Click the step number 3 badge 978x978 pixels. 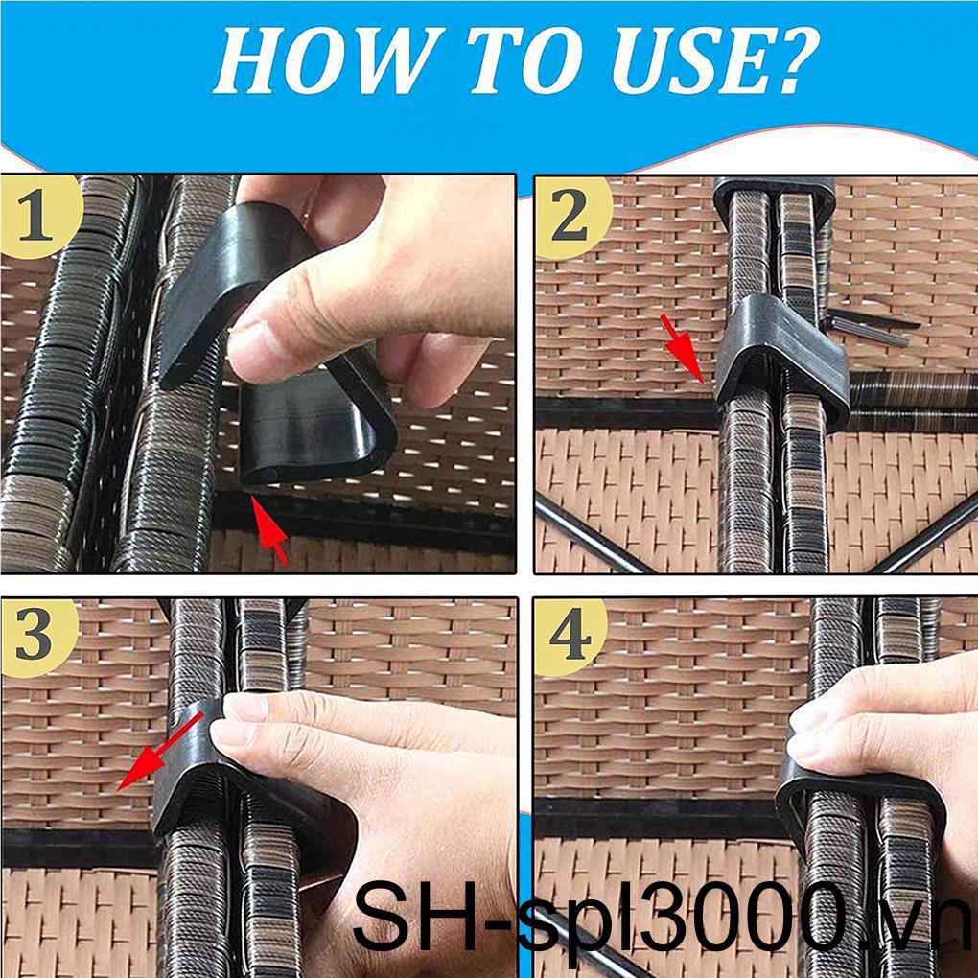(x=35, y=636)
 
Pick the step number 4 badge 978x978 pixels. (x=570, y=636)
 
